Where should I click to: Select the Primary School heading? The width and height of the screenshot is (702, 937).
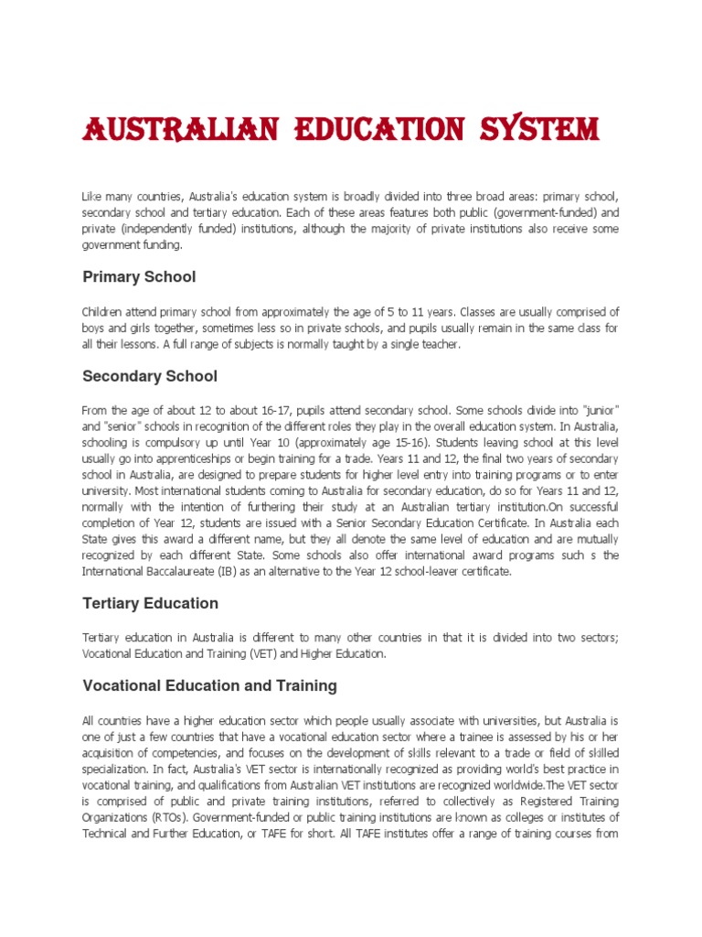[x=139, y=276]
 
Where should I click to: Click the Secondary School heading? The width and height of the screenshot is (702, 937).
[x=150, y=376]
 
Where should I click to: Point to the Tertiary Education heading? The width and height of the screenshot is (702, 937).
[x=150, y=603]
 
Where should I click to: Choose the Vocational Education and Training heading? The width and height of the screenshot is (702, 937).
[x=209, y=685]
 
